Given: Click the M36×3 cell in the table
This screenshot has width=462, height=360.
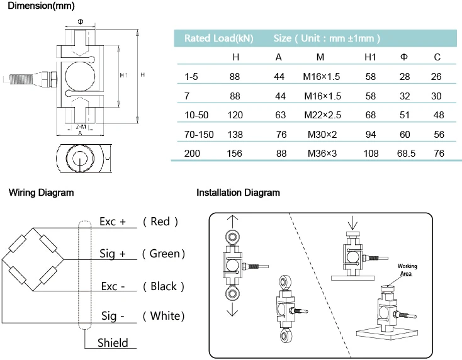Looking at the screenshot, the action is click(322, 153).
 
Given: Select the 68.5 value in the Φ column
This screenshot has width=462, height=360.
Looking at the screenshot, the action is click(406, 153).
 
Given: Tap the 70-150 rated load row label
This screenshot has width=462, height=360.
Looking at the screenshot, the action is click(199, 134).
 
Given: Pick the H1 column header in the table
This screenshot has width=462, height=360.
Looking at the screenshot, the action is click(370, 57).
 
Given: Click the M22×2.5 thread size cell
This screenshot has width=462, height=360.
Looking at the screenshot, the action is click(322, 115).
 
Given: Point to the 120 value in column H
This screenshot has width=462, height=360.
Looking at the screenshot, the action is click(235, 115).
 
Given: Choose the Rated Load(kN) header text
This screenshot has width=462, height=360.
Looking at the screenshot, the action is click(218, 38).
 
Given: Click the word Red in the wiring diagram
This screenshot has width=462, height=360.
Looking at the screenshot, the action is click(160, 222).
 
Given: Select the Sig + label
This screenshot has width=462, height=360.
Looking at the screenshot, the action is click(112, 254).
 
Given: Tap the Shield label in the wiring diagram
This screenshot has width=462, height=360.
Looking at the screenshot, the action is click(113, 343).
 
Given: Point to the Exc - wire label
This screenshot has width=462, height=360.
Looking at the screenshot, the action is click(113, 286).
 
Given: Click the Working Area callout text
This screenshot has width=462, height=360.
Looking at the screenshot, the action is click(407, 269).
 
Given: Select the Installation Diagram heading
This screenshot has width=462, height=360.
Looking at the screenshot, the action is click(238, 193).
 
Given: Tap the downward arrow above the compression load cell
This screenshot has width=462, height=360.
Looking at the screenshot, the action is click(352, 223).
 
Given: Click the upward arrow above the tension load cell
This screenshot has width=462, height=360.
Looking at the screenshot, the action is click(232, 222).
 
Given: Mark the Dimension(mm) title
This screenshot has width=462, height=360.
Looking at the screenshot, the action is click(41, 6).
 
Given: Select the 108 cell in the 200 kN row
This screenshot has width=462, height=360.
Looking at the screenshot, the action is click(371, 153).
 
